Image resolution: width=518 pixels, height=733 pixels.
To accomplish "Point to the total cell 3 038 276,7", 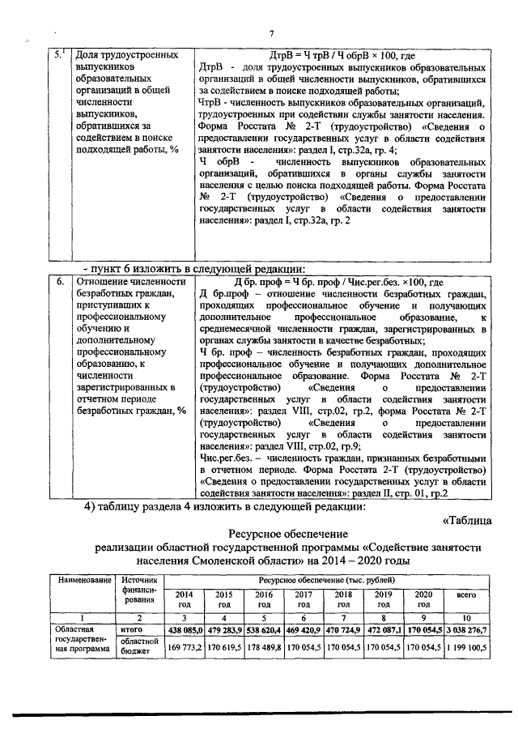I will (466, 629).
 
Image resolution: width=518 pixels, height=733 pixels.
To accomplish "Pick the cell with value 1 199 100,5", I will (466, 648).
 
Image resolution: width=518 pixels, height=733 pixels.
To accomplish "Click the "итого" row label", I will (131, 629).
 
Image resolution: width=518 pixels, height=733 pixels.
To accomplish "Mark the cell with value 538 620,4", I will (264, 629).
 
